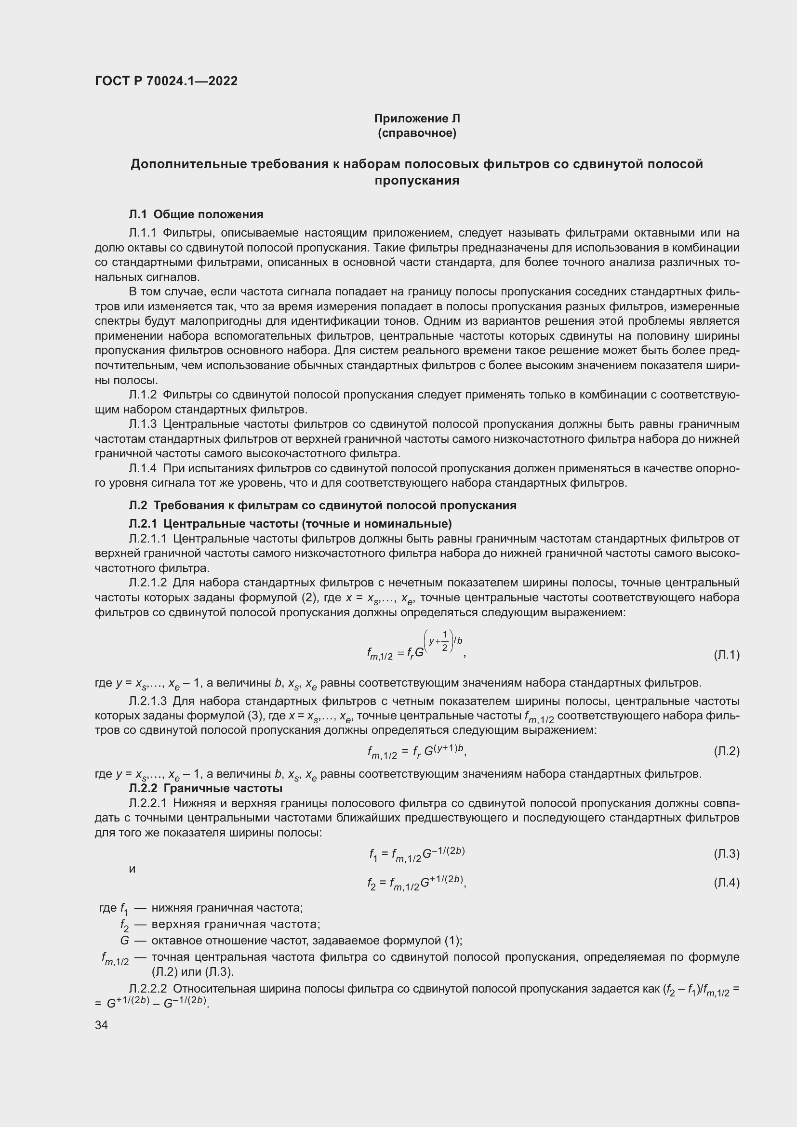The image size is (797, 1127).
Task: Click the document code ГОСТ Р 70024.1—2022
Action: (x=166, y=81)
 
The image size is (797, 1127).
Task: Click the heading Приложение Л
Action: (x=417, y=119)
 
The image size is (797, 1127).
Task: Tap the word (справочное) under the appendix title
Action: (x=417, y=133)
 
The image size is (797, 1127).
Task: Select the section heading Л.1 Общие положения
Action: (x=196, y=214)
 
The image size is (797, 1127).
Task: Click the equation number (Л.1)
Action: (x=726, y=655)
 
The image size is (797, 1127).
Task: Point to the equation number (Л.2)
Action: (x=726, y=751)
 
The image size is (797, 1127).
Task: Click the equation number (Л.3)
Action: (x=726, y=854)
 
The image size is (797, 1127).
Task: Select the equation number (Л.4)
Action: (x=726, y=883)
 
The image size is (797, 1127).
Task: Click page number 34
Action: (x=101, y=1025)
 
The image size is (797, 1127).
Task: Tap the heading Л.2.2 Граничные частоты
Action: (x=205, y=789)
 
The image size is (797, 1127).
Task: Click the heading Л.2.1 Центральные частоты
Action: (x=290, y=523)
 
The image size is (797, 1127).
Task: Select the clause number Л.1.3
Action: (x=142, y=424)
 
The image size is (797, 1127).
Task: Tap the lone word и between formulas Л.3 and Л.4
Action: (x=132, y=869)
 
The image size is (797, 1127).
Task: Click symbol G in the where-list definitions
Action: (x=125, y=941)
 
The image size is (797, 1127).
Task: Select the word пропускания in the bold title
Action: (x=417, y=181)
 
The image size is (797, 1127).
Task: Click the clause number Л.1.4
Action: (x=142, y=468)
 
